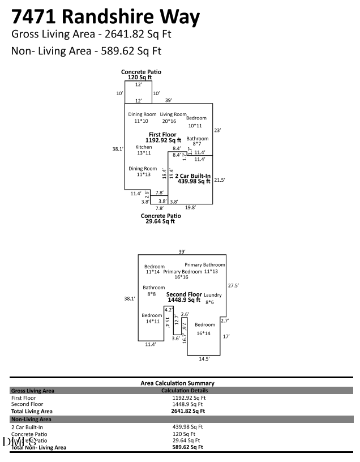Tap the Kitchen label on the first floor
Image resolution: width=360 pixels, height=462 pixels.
pos(143,147)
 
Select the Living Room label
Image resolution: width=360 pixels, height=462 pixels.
pos(173,114)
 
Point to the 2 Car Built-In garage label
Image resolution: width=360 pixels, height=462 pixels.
pos(193,176)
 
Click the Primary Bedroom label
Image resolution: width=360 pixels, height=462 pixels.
pos(182,272)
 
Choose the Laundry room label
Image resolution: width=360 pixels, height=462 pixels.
pos(213,295)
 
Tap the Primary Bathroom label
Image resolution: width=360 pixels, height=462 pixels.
pos(205,265)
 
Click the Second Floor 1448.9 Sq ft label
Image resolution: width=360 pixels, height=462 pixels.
pos(184,298)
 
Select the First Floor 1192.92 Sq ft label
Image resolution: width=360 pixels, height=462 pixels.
pos(163,137)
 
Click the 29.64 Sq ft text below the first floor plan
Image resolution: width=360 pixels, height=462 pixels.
pos(160,221)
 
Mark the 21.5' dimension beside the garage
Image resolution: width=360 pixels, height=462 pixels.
pos(220,180)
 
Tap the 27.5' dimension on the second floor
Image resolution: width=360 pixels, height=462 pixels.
pos(233,285)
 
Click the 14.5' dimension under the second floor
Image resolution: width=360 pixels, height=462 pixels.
pos(204,359)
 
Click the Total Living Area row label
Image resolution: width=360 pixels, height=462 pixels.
pos(32,412)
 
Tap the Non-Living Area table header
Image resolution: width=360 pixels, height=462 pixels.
pos(31,420)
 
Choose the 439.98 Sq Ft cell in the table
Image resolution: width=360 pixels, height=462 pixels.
pos(187,427)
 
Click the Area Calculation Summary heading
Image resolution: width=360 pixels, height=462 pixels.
pos(177,383)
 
